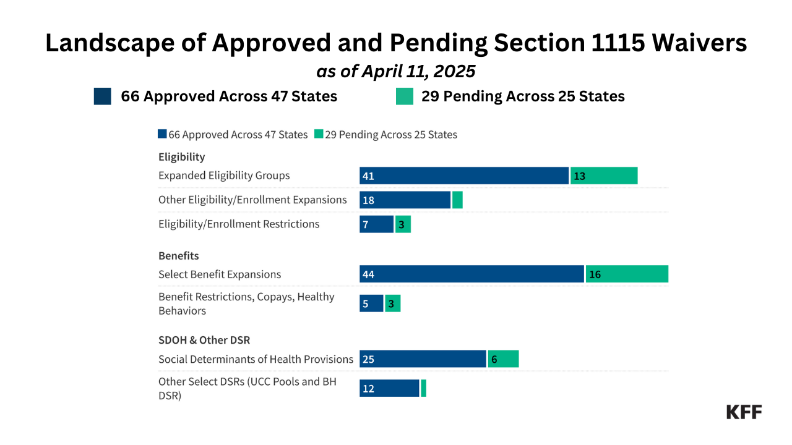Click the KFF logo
[x=744, y=412]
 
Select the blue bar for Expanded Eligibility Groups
[x=464, y=176]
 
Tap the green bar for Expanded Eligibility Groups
[x=604, y=176]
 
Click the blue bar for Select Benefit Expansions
[x=471, y=274]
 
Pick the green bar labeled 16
[x=627, y=274]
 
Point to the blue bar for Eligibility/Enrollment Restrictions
[x=376, y=224]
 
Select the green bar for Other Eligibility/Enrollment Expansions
[x=457, y=200]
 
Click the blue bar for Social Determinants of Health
[x=423, y=358]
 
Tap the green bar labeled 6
[x=503, y=358]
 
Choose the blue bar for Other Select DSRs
[x=389, y=388]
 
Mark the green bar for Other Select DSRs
[x=423, y=388]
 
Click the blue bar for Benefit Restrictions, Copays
[x=371, y=303]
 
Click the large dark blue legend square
[x=103, y=96]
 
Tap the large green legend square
[x=405, y=96]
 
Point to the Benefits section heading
[x=178, y=255]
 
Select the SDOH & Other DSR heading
[x=204, y=340]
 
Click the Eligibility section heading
[x=181, y=156]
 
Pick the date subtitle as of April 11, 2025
[x=396, y=71]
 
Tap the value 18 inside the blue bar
[x=368, y=200]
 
